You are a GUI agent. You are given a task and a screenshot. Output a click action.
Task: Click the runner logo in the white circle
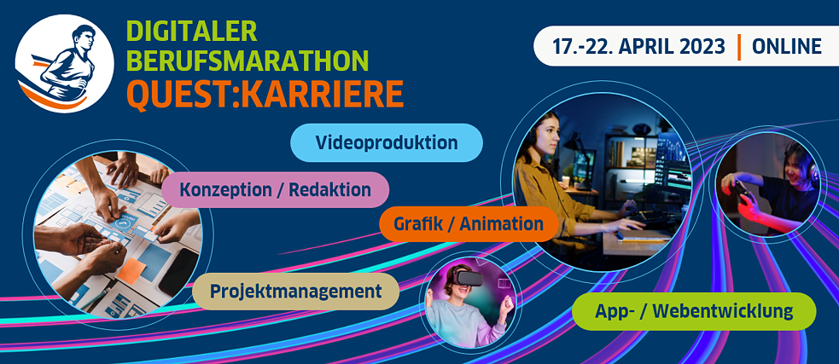(x=64, y=64)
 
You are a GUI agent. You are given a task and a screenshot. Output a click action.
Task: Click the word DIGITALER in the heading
(x=192, y=32)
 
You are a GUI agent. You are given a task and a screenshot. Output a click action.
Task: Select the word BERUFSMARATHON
(x=248, y=60)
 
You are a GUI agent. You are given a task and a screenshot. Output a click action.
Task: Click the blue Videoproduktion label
(x=387, y=142)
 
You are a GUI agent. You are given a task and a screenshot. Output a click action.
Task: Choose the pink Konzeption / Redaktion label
(x=275, y=189)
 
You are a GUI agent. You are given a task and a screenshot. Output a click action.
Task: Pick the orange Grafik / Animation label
(x=468, y=224)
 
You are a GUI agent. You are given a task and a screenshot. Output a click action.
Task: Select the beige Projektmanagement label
(x=295, y=292)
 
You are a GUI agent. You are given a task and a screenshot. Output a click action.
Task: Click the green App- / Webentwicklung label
(x=694, y=310)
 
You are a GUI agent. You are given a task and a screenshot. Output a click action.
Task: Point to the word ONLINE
(x=787, y=46)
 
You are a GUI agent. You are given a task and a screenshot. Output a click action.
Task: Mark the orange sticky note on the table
(x=131, y=270)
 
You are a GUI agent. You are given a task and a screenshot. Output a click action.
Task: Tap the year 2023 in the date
(x=703, y=46)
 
